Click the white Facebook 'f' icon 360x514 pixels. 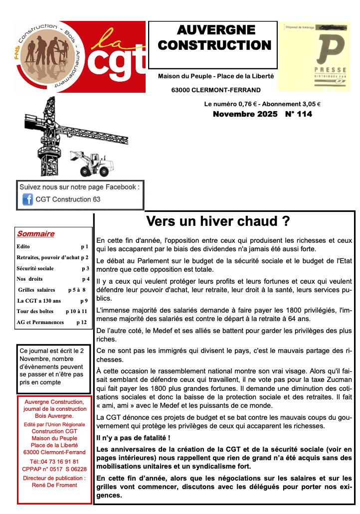28,199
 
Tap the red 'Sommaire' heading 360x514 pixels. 35,234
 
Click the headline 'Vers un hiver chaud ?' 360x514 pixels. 218,221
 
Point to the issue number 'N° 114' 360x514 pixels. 299,115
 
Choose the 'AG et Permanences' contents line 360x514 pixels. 40,323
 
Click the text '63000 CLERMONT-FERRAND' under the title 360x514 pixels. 209,90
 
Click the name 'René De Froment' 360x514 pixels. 54,485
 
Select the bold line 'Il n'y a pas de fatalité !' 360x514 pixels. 134,438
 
